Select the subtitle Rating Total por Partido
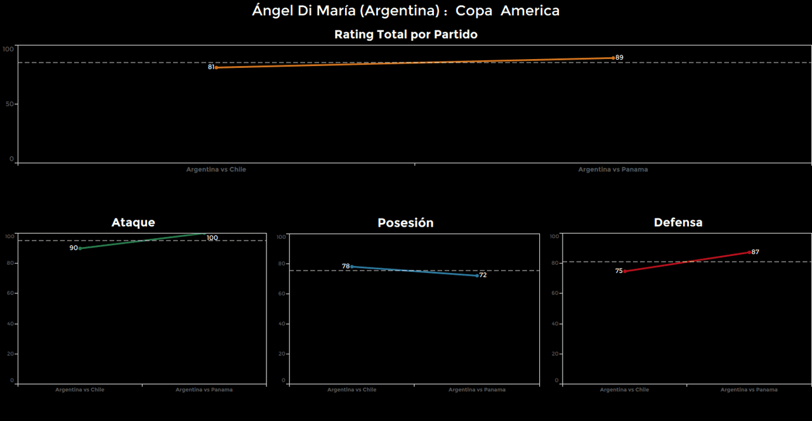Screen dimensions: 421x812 [x=405, y=35]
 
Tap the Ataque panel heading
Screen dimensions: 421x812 [x=133, y=222]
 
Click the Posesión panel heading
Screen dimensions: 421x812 [x=405, y=223]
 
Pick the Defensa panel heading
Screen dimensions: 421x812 [x=678, y=222]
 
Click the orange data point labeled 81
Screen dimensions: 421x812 [x=216, y=67]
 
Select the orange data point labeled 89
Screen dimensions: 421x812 [x=613, y=58]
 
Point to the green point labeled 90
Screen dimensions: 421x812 [x=80, y=248]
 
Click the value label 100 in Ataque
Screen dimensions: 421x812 [x=212, y=238]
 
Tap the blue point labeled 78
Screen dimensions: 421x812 [x=352, y=267]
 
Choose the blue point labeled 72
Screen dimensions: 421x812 [x=477, y=276]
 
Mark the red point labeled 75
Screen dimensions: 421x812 [x=625, y=271]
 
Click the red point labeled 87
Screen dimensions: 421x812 [x=749, y=252]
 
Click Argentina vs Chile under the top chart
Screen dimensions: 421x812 [x=216, y=170]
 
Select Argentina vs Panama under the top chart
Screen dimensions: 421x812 [x=613, y=170]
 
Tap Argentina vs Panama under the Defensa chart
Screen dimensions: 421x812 [x=749, y=389]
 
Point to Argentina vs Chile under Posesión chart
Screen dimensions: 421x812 [x=352, y=389]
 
